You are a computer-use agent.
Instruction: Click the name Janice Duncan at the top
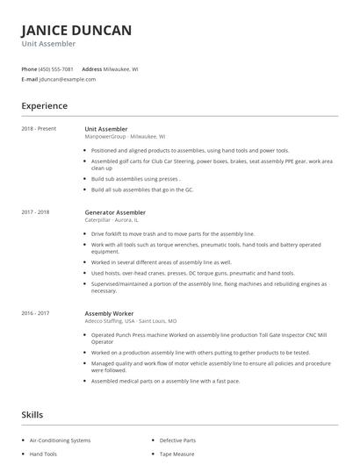click(76, 31)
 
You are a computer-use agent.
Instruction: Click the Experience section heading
click(44, 106)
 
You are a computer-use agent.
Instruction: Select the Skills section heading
click(33, 414)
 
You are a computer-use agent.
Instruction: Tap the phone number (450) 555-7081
click(56, 68)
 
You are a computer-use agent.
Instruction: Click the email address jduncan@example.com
click(68, 79)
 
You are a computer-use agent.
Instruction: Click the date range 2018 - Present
click(39, 129)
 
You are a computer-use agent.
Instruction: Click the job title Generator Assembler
click(115, 212)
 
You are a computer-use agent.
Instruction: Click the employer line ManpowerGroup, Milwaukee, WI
click(124, 137)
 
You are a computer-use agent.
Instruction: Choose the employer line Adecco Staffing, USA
click(124, 320)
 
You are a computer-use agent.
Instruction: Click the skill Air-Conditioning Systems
click(61, 440)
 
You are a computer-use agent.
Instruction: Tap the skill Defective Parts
click(178, 440)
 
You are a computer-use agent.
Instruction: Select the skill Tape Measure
click(176, 454)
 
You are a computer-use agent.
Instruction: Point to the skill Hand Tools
click(43, 454)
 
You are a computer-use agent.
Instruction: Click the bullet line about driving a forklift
click(173, 234)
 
